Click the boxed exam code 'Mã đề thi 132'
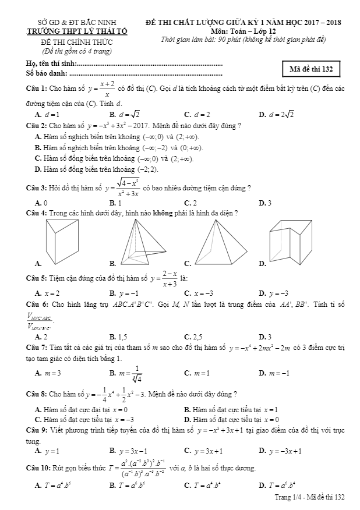tap(311, 69)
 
